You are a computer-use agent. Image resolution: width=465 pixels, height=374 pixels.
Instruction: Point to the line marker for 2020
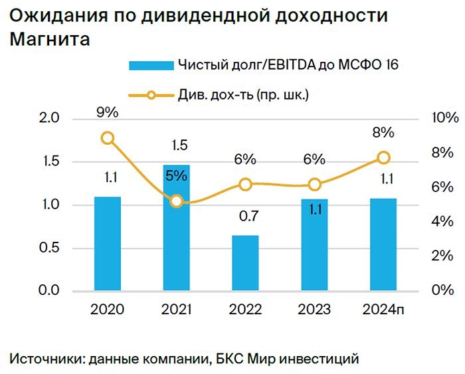(108, 138)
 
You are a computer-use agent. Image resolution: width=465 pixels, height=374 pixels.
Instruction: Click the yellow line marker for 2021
(177, 201)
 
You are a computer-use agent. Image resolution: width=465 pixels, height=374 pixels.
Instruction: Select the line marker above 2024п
(383, 157)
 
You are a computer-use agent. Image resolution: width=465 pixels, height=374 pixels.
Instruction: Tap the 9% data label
(107, 113)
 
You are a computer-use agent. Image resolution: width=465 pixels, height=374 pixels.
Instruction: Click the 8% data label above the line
(383, 132)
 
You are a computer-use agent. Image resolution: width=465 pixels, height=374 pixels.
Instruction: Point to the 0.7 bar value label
(245, 217)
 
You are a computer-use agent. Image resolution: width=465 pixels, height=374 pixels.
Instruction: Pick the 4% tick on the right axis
(442, 222)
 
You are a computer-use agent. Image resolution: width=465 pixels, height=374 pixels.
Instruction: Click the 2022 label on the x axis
(245, 310)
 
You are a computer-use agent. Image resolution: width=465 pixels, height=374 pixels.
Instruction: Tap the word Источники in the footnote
(45, 359)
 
